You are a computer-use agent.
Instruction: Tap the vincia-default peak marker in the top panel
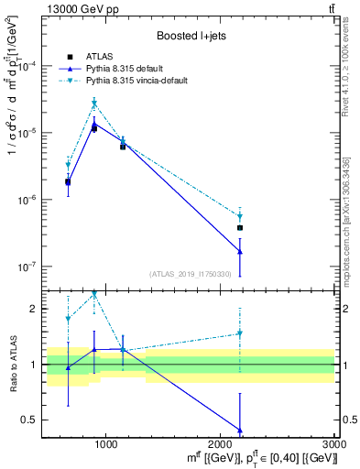[93, 103]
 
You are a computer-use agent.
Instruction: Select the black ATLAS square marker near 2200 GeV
[240, 227]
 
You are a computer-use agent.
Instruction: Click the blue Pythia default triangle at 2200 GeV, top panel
[240, 251]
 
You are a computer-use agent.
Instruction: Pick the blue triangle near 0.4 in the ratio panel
[240, 430]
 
